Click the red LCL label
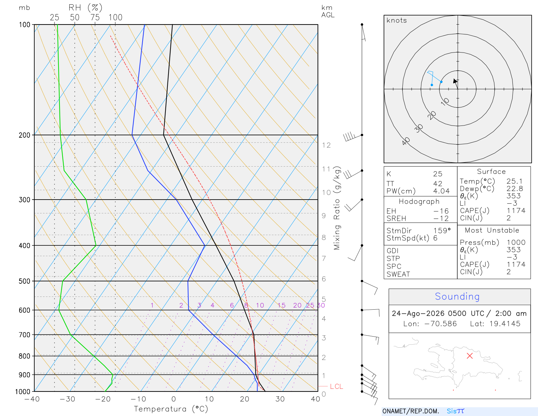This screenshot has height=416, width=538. click(336, 386)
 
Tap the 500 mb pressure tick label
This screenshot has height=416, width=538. click(24, 281)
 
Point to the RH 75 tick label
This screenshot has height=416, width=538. click(95, 18)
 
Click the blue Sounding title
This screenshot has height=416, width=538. click(457, 297)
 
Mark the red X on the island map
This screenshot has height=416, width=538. click(469, 356)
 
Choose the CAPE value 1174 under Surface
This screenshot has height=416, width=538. click(516, 211)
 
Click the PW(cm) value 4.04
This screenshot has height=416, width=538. click(441, 191)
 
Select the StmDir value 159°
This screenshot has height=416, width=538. click(442, 231)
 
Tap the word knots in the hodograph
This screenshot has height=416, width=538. click(396, 20)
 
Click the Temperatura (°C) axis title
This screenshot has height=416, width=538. click(171, 409)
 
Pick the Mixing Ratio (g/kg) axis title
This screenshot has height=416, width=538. click(337, 208)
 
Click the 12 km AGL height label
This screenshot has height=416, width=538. click(326, 145)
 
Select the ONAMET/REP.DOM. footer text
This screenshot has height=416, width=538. click(411, 411)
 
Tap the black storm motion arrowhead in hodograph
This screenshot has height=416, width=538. click(455, 81)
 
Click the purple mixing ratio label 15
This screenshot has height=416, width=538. click(281, 305)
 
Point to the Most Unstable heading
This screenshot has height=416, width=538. click(492, 230)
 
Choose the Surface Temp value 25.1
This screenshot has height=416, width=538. click(514, 181)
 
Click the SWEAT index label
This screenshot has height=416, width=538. click(398, 274)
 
